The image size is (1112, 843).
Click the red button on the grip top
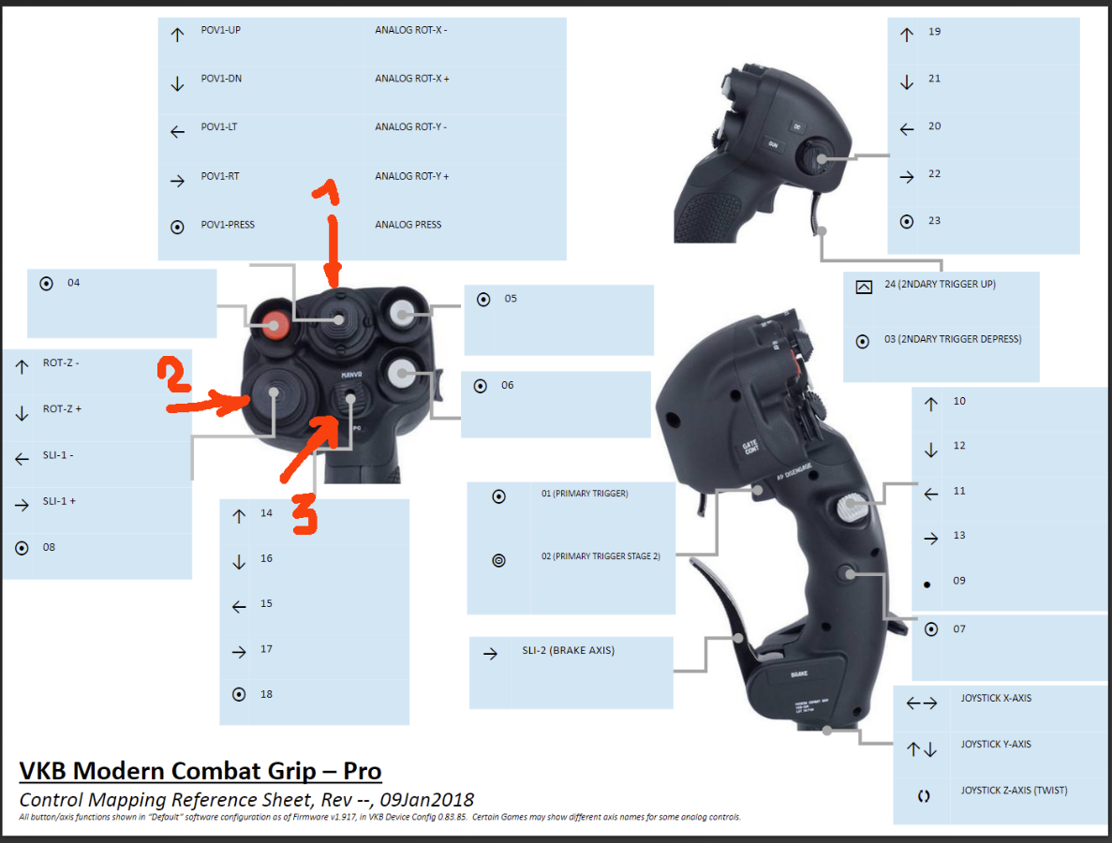(x=275, y=325)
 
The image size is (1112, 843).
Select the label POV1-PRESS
(x=228, y=225)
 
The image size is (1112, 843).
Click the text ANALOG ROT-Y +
(x=412, y=176)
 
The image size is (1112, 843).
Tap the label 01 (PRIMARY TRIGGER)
(x=584, y=494)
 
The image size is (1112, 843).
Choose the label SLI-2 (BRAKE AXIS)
(x=569, y=651)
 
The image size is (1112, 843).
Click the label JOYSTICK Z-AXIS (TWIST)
(x=1014, y=791)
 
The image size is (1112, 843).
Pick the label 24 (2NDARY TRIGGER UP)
(x=940, y=284)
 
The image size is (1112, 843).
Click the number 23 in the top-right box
(x=934, y=221)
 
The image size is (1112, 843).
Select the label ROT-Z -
(x=61, y=362)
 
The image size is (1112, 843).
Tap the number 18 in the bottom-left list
(x=267, y=694)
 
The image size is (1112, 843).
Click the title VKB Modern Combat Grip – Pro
(x=200, y=771)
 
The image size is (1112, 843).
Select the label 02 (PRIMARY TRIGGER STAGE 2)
(x=600, y=556)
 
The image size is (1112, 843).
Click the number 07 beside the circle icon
(x=959, y=629)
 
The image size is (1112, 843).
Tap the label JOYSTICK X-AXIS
(x=996, y=698)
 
